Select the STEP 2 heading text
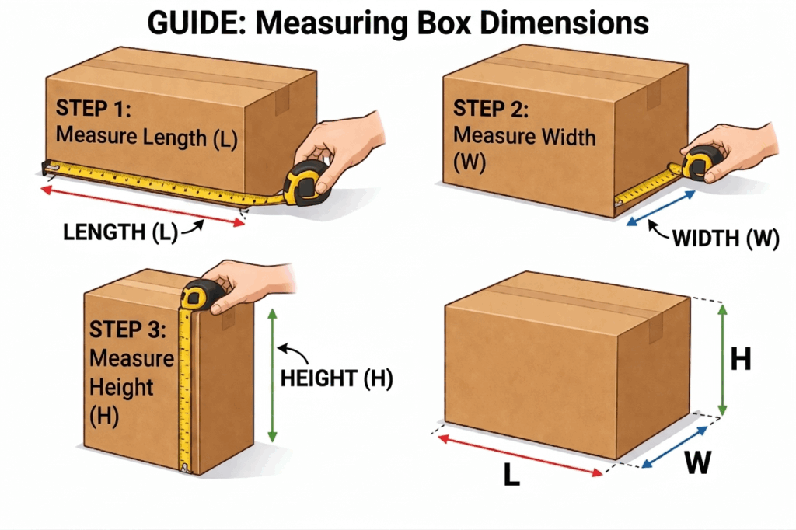[x=491, y=109]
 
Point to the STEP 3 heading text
[x=126, y=329]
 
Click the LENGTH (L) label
[x=120, y=232]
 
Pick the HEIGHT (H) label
[x=336, y=378]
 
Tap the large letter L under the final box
[x=511, y=476]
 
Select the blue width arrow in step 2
[x=661, y=209]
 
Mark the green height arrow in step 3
[x=272, y=375]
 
